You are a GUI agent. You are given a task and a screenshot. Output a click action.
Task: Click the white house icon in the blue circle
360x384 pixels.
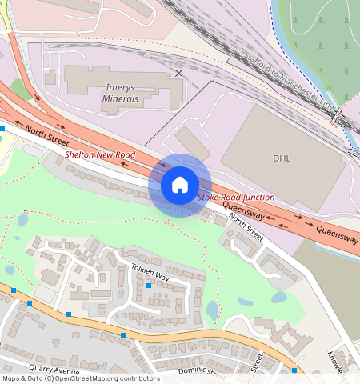point(180,185)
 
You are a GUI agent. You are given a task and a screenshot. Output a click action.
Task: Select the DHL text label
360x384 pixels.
point(282,158)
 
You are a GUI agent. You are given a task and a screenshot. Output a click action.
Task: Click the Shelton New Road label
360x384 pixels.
point(100,154)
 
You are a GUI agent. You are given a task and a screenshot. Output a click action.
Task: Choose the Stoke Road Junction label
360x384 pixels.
point(236,197)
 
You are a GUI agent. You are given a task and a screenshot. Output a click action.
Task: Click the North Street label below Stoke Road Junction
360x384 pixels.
point(246,226)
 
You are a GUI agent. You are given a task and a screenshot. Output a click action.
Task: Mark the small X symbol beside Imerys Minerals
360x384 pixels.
point(178,73)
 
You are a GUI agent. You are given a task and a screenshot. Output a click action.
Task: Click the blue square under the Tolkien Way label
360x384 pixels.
point(149,286)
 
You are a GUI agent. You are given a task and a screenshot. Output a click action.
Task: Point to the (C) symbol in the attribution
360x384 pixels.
point(50,378)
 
